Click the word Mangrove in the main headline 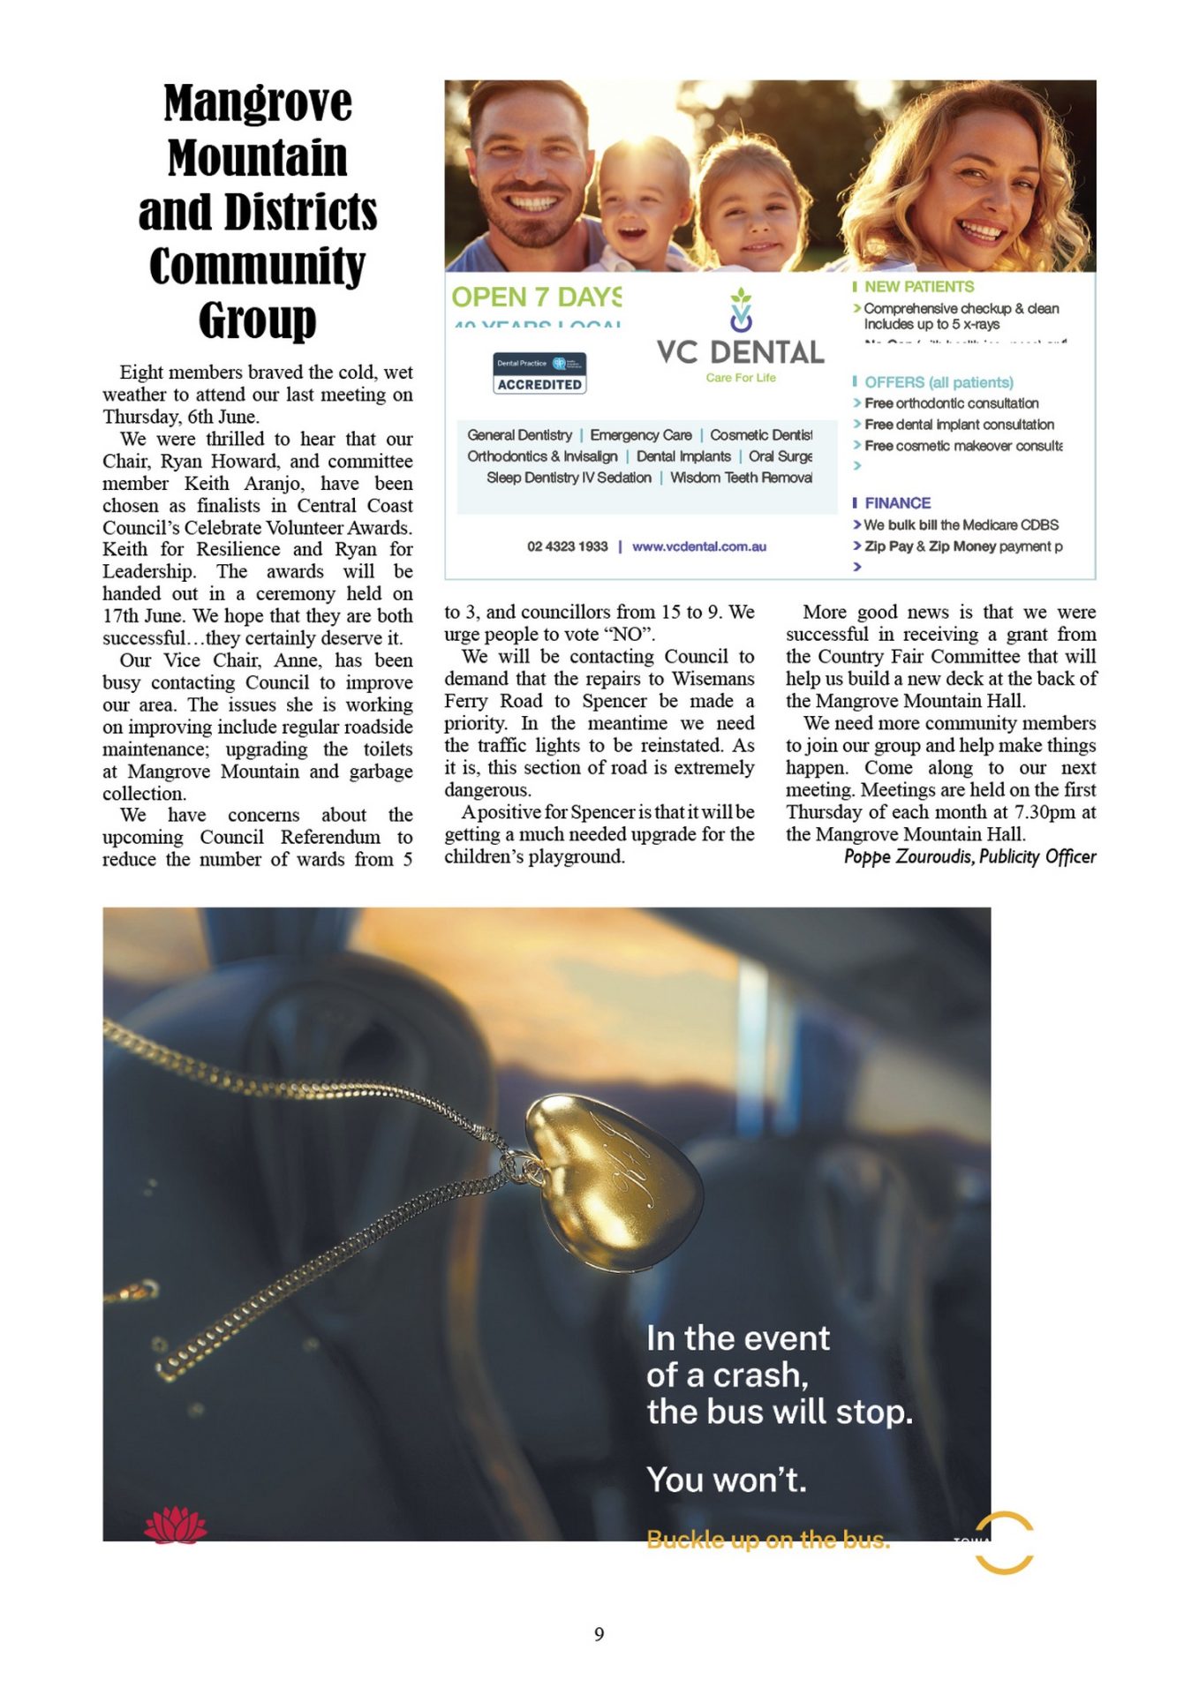coord(258,103)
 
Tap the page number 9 coord(599,1634)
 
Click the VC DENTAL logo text coord(740,352)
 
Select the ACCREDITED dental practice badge coord(539,373)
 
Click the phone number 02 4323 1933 coord(568,546)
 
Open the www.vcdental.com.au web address coord(699,546)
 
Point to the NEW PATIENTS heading coord(918,287)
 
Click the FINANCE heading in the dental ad coord(897,503)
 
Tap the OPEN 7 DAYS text coord(537,298)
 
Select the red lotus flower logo coord(176,1525)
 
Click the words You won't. coord(727,1480)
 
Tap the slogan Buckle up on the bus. coord(768,1540)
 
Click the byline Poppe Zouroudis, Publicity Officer coord(969,856)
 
